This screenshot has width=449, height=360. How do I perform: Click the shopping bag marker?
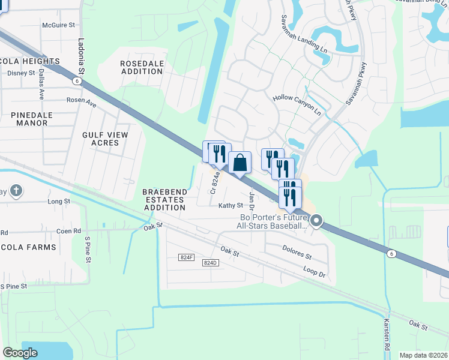[240, 163]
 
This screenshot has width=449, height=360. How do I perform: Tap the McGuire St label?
[58, 25]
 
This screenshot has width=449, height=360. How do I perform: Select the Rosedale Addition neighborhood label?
[141, 67]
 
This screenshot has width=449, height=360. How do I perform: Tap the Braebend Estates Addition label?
[164, 200]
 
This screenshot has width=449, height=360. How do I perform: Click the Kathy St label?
[231, 205]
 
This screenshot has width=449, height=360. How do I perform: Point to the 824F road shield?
[187, 257]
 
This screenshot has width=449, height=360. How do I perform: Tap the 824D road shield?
[209, 263]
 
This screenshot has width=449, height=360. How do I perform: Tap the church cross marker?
[16, 191]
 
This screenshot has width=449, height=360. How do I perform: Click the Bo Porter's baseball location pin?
[317, 222]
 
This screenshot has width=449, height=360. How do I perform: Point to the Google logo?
[20, 352]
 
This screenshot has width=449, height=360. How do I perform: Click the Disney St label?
[21, 73]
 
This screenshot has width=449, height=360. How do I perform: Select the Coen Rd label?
[68, 230]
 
